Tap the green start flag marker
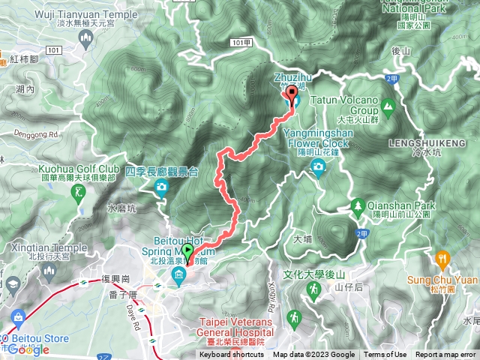click(187, 251)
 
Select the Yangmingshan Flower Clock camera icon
click(318, 170)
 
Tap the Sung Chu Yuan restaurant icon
click(443, 260)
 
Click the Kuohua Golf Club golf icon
click(79, 194)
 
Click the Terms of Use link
click(385, 355)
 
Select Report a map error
click(445, 355)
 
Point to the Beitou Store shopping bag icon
click(14, 316)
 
